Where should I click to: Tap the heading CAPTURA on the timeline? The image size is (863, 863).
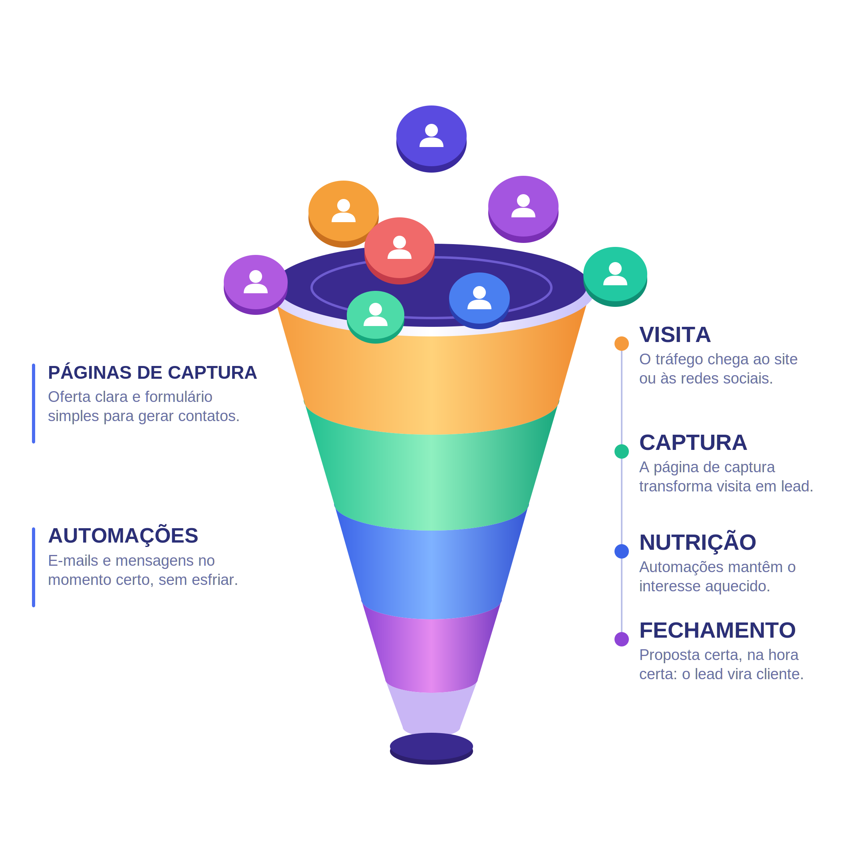[693, 443]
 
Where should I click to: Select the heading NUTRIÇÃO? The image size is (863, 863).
[697, 542]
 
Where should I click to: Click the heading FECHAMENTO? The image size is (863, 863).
[718, 630]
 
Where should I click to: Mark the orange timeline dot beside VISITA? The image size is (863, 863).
[621, 344]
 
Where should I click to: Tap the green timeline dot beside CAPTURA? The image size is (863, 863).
[621, 451]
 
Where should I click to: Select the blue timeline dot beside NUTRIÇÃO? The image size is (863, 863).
[621, 551]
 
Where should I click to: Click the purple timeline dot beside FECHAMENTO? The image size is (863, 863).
[621, 639]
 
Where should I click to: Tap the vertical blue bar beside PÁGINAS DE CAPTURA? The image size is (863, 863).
[34, 404]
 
